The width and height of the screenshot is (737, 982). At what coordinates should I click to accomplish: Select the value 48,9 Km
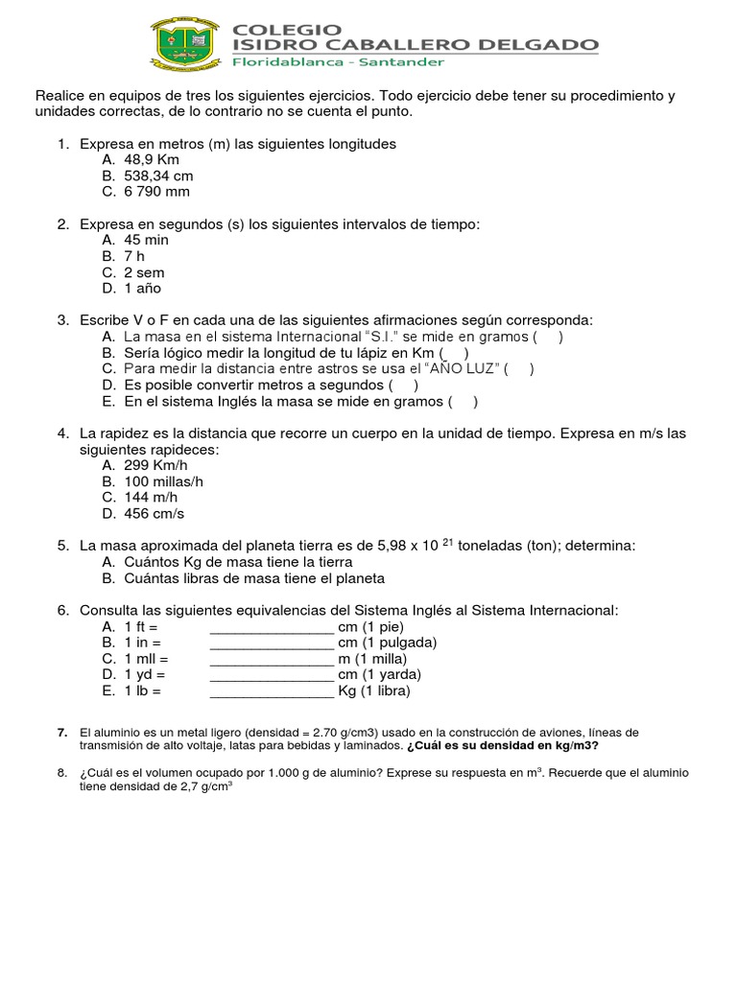click(152, 160)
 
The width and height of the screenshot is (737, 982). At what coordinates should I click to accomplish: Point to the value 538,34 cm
click(158, 176)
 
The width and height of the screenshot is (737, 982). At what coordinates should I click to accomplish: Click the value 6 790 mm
click(157, 192)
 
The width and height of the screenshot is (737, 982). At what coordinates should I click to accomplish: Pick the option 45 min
click(146, 240)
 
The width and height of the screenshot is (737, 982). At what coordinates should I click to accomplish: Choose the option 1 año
click(143, 288)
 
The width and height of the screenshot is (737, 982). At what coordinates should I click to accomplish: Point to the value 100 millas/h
click(164, 481)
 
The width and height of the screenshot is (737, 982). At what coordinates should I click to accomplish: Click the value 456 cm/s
click(155, 513)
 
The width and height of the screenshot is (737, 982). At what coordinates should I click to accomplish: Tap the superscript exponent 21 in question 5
click(448, 542)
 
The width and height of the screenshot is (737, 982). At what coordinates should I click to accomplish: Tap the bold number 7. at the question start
click(62, 733)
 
